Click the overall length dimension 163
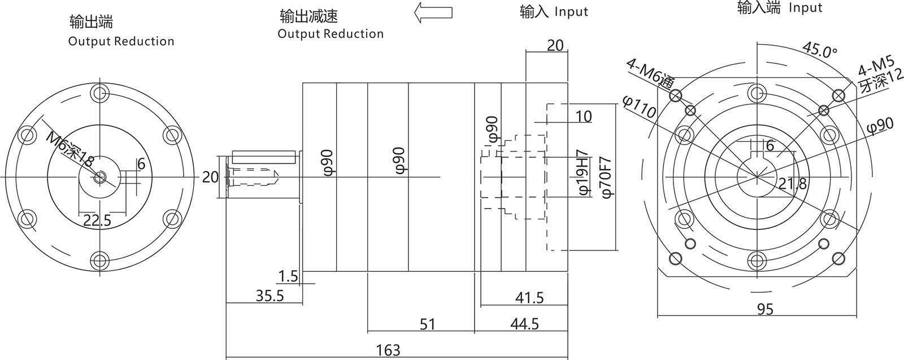click(388, 350)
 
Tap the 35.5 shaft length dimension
click(270, 295)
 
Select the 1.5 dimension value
click(288, 276)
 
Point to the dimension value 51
click(428, 324)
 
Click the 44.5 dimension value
click(524, 324)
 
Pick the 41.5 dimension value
click(529, 297)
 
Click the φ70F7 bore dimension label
click(607, 176)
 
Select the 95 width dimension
click(765, 309)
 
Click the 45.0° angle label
click(820, 50)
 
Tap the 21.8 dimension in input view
click(793, 183)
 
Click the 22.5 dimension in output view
click(97, 220)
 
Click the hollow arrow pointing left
click(433, 13)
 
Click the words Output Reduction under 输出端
click(121, 41)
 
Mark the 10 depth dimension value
click(583, 116)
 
